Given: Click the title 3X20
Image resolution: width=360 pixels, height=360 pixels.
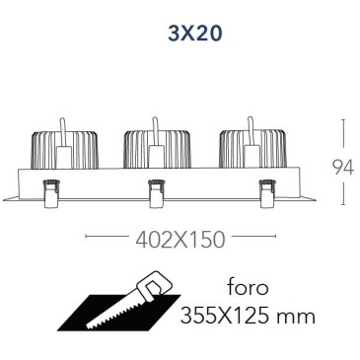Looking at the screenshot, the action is [x=195, y=34].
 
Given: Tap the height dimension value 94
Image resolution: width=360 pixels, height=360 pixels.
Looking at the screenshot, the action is [x=343, y=168].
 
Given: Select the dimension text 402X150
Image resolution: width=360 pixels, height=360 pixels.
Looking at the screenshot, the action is [x=180, y=240].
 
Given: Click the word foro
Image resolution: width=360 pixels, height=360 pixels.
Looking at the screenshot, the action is [x=249, y=287].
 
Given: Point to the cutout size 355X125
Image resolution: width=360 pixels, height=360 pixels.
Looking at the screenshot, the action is [x=227, y=317].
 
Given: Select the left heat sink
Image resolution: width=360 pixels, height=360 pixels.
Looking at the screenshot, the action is [x=65, y=151].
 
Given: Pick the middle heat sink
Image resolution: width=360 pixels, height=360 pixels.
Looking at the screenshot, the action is [x=157, y=150].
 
